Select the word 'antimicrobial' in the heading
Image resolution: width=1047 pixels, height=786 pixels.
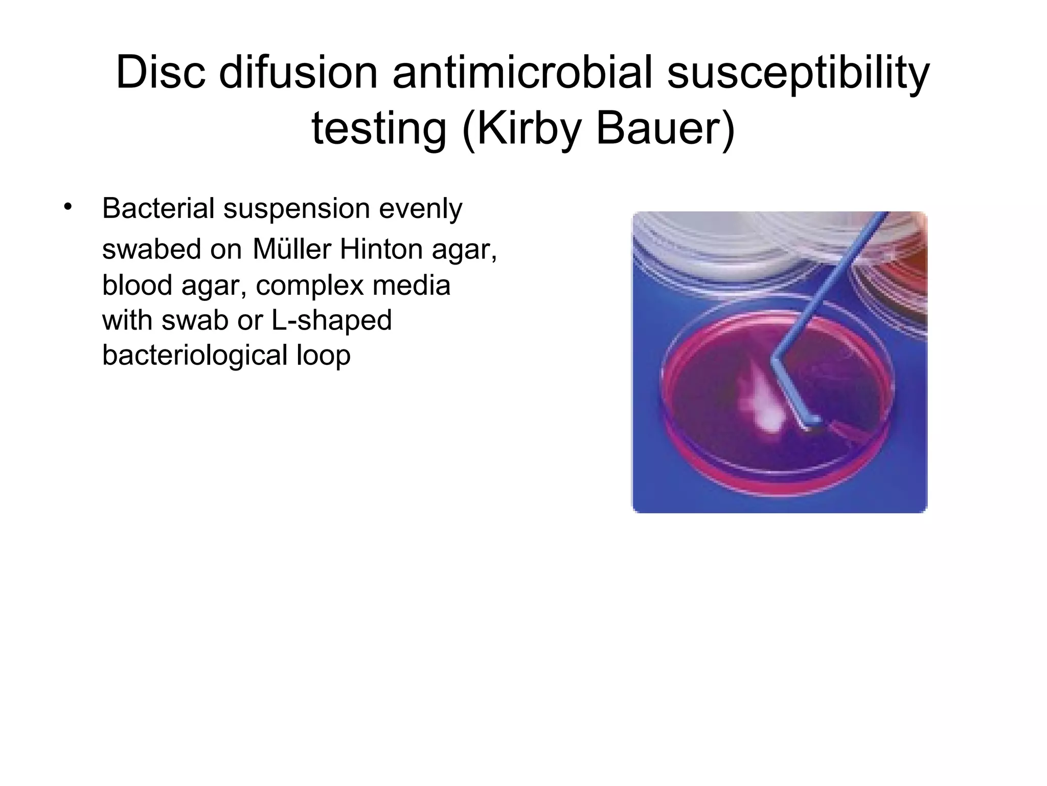point(522,72)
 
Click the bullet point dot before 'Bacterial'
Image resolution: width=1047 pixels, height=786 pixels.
point(67,207)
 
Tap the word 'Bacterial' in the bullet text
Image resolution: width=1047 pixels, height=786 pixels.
point(158,208)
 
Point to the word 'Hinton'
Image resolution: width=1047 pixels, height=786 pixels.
point(381,249)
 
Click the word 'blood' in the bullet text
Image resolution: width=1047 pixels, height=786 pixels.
point(136,285)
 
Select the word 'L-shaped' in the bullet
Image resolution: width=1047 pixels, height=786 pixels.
point(331,321)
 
